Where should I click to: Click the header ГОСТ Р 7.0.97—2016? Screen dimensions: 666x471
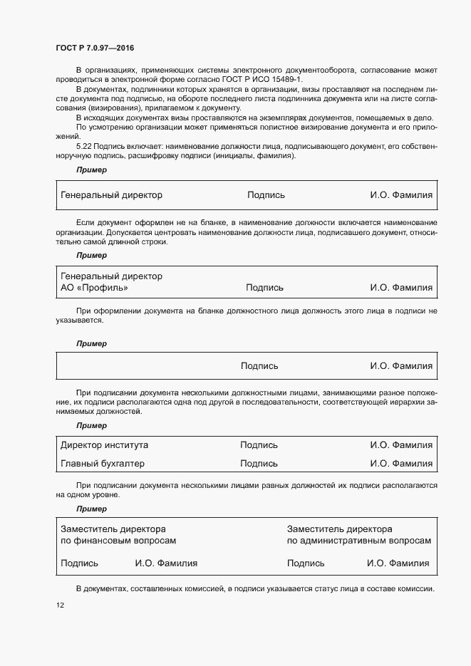pos(94,47)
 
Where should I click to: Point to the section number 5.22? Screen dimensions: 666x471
pos(86,146)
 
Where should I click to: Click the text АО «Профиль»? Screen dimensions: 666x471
pos(95,288)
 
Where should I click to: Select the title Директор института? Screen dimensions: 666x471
pos(105,444)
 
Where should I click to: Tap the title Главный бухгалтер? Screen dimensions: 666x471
pos(103,463)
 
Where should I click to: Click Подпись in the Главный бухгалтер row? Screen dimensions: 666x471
pos(259,463)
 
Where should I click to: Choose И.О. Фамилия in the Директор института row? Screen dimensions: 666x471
pos(400,444)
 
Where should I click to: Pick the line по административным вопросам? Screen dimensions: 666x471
pos(358,541)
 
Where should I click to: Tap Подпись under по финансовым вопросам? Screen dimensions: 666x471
pos(79,563)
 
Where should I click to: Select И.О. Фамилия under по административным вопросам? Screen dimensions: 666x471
pos(398,563)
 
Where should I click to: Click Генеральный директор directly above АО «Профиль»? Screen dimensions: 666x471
pos(111,276)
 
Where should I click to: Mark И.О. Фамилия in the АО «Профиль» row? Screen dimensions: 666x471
pos(400,288)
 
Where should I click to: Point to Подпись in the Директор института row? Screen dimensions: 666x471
pos(259,444)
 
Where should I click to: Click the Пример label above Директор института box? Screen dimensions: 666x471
pos(91,425)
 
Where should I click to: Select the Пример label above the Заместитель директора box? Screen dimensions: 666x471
pos(91,509)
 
